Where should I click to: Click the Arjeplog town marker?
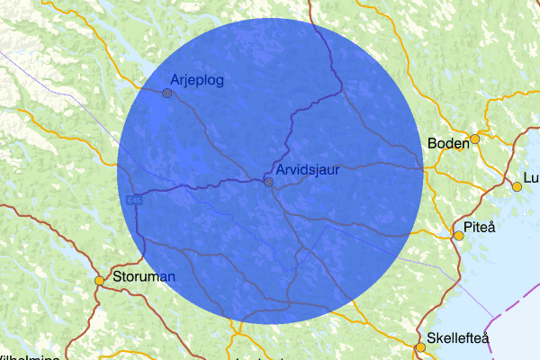click(x=166, y=93)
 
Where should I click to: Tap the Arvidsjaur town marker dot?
click(x=268, y=182)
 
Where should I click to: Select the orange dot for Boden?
click(x=475, y=139)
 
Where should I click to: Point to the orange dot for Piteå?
click(x=459, y=236)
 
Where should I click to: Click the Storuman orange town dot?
click(x=99, y=281)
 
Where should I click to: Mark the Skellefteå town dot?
click(x=419, y=347)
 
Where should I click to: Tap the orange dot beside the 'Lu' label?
click(x=517, y=187)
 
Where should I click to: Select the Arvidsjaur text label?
click(x=308, y=169)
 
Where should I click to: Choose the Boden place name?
click(x=448, y=143)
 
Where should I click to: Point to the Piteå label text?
click(x=480, y=226)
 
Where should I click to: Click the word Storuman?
click(x=143, y=275)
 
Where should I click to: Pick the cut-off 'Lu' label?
click(x=530, y=176)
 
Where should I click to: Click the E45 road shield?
click(x=134, y=199)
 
